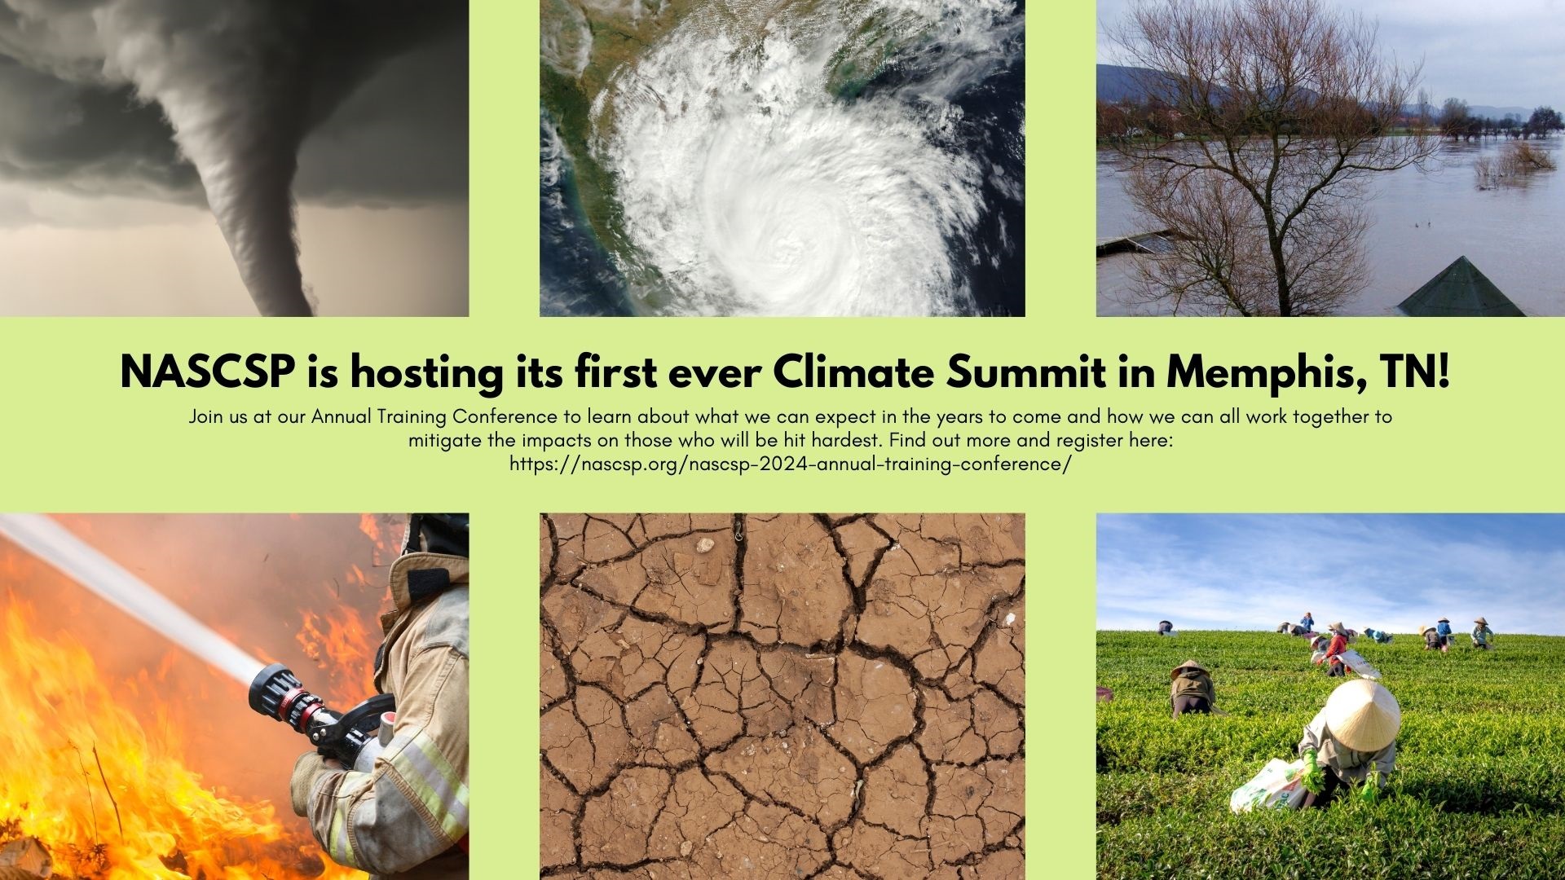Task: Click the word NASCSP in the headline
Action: (208, 373)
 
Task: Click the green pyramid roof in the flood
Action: (1461, 287)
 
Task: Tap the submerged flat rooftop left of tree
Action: (1137, 241)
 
